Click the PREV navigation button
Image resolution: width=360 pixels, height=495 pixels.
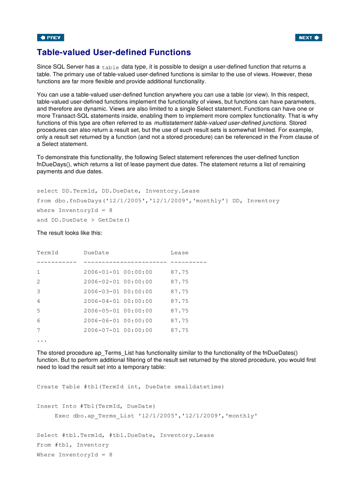(x=51, y=37)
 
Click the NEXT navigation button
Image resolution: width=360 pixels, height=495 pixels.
(x=308, y=37)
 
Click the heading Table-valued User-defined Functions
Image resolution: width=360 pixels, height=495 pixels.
(x=114, y=52)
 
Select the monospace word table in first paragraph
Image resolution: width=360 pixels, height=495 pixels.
(x=110, y=67)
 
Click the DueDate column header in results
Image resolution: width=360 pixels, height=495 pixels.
(x=96, y=253)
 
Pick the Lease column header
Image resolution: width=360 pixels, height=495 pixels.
(x=179, y=253)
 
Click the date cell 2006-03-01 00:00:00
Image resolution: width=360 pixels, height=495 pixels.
(x=118, y=291)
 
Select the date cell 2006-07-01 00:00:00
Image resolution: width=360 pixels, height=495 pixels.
(x=118, y=330)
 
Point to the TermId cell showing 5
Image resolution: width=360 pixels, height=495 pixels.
(x=39, y=311)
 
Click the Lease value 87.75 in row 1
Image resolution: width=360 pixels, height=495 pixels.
(x=179, y=272)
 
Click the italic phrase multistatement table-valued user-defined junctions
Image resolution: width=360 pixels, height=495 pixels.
(x=220, y=123)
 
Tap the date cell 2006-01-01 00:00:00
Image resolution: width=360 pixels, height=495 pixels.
(x=118, y=272)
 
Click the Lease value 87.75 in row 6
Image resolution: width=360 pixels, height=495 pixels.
(x=179, y=320)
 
